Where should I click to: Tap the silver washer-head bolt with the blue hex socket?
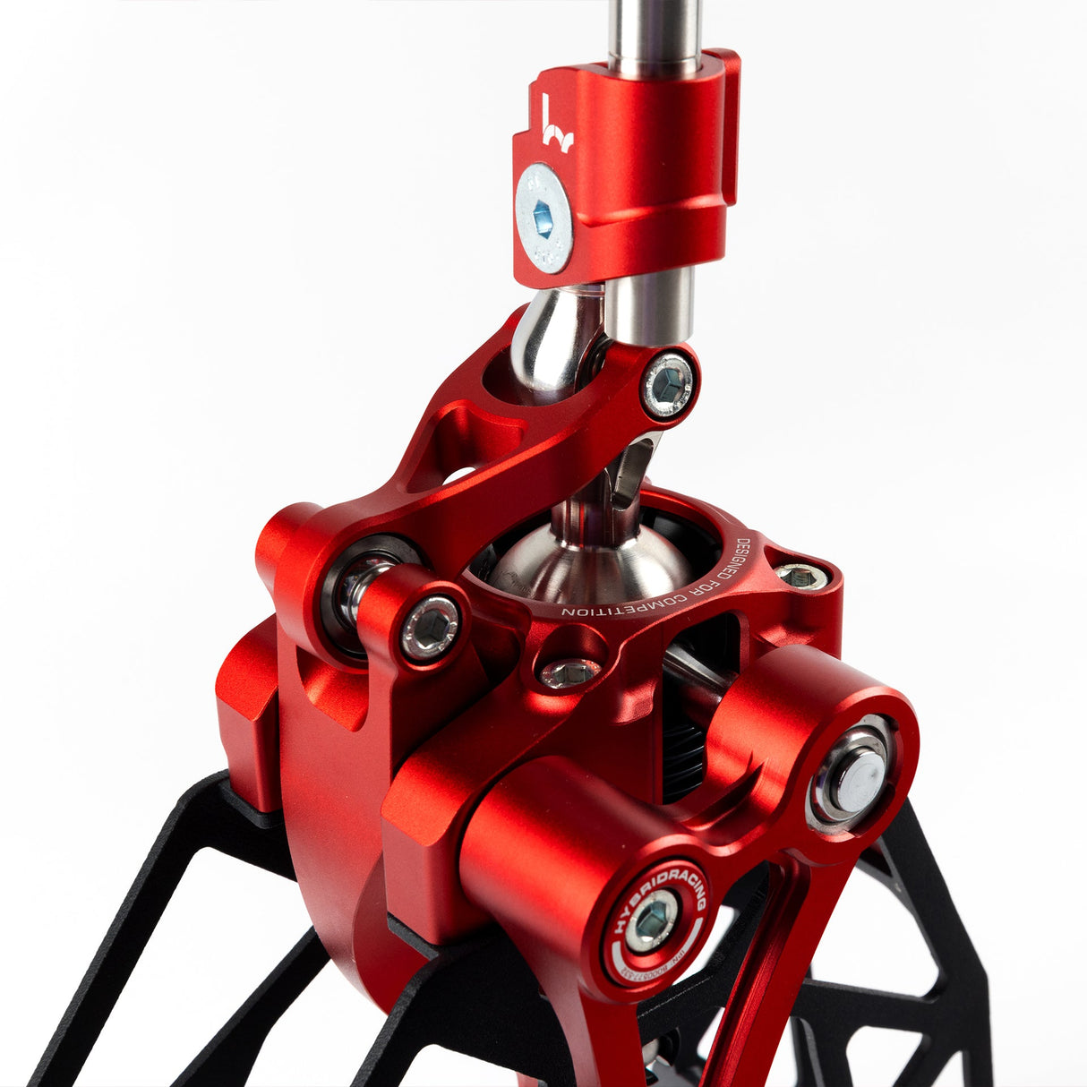pyautogui.click(x=543, y=218)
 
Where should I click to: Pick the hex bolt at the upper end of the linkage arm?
pyautogui.click(x=669, y=386)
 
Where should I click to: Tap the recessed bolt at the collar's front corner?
pyautogui.click(x=569, y=672)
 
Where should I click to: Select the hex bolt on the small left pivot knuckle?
pyautogui.click(x=430, y=628)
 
